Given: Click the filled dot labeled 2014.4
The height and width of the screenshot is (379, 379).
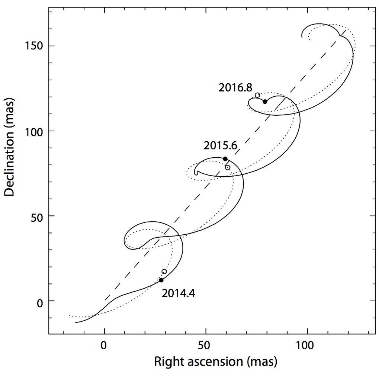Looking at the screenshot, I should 161,280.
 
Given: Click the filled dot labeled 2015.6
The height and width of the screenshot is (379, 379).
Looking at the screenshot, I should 225,159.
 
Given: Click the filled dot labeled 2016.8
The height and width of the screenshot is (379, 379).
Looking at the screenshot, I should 265,102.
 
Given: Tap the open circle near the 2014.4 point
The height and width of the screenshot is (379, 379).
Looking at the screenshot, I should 164,272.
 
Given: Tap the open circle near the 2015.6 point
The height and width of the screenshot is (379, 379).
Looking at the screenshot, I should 228,168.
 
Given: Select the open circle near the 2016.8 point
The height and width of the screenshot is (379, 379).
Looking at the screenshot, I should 257,95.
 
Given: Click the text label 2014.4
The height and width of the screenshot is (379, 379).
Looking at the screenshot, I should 178,294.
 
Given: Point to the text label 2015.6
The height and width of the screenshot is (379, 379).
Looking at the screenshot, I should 220,146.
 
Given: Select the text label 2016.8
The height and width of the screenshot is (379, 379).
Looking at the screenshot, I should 235,88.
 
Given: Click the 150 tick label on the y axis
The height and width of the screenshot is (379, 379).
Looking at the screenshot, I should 35,46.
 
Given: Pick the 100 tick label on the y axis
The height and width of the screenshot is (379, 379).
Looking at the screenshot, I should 35,131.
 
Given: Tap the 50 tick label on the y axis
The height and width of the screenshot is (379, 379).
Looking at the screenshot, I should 38,216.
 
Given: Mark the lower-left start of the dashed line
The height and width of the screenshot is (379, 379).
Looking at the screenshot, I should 105,300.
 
